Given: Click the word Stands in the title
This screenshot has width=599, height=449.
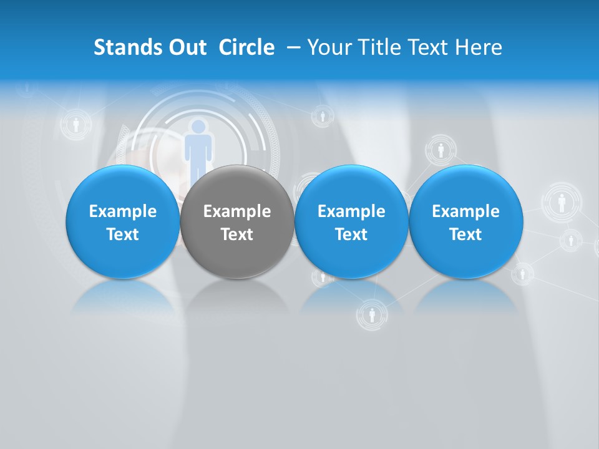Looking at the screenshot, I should click(122, 47).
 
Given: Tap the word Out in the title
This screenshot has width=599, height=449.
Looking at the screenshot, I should click(186, 47).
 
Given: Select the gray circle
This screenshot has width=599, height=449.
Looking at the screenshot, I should click(237, 221).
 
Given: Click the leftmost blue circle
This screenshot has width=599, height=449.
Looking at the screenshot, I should click(123, 221).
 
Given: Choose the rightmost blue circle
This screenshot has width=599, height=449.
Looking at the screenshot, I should click(465, 221).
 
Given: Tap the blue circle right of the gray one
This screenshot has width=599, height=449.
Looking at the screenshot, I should click(351, 221).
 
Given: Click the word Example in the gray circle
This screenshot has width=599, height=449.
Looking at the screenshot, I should click(237, 211).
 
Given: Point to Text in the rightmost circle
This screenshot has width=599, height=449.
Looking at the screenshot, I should click(465, 234).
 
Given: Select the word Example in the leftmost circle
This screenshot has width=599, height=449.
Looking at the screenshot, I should click(123, 211).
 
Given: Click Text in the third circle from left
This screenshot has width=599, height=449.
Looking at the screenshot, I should click(351, 234).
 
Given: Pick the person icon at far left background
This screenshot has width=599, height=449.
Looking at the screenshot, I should click(76, 125).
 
